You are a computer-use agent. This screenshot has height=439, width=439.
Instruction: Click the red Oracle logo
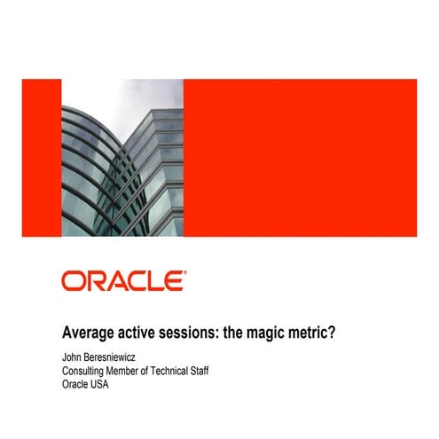123,281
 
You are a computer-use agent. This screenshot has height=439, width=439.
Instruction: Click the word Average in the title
88,333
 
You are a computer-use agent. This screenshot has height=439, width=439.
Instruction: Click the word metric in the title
322,333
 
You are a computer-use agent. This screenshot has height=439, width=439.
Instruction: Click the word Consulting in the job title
86,371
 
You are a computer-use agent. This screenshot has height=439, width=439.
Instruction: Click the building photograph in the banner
122,158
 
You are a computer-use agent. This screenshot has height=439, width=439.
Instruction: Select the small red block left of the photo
41,158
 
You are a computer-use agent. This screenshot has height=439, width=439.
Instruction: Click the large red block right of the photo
300,158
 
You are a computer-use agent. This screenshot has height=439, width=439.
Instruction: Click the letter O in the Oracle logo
72,281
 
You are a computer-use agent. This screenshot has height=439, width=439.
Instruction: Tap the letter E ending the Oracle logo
176,281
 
